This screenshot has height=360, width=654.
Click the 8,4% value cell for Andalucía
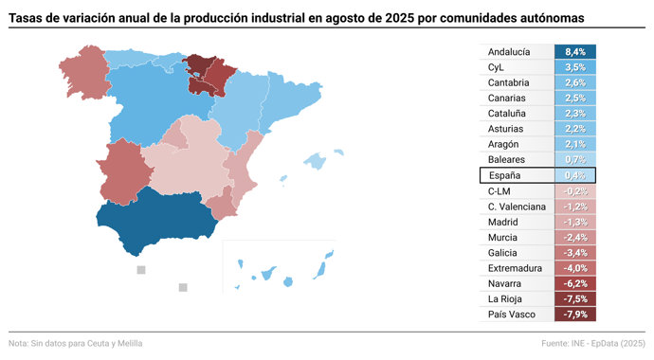coord(575,52)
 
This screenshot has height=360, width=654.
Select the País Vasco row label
coord(513,314)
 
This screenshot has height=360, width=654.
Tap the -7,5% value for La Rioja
coord(575,298)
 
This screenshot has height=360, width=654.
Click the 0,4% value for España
coord(575,175)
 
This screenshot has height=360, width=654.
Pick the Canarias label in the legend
coord(508,99)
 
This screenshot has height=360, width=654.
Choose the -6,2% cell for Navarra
coord(575,283)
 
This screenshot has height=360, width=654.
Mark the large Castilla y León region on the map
coord(142,104)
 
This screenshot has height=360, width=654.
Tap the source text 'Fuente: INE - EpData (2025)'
coord(593,343)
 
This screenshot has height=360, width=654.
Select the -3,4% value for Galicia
coord(575,252)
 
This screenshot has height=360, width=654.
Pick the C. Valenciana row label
coord(517,207)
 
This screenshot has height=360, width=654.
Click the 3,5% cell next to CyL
coord(575,67)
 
